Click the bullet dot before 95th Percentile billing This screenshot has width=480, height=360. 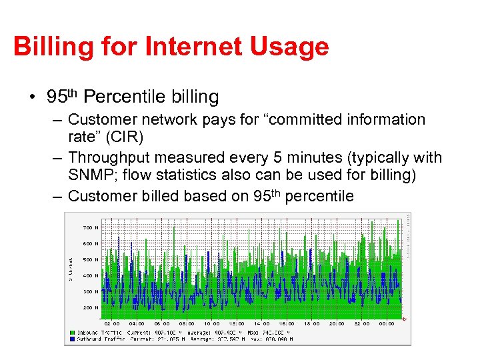tap(32, 98)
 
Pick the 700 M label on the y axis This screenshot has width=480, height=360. tap(91, 227)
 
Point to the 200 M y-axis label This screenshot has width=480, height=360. tap(91, 307)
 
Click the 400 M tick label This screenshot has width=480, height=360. tap(91, 275)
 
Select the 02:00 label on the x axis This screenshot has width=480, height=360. tap(112, 323)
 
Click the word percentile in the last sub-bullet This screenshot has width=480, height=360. tap(322, 195)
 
